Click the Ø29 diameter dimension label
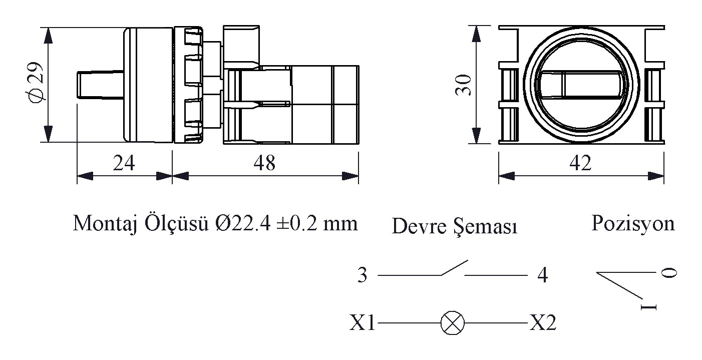tap(35, 82)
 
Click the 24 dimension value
tap(124, 163)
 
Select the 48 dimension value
tap(264, 163)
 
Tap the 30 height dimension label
tap(463, 85)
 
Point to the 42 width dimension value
tap(580, 163)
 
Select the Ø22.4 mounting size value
tap(243, 224)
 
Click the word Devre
tap(419, 226)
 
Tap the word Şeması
tap(486, 226)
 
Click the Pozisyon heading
tap(633, 224)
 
